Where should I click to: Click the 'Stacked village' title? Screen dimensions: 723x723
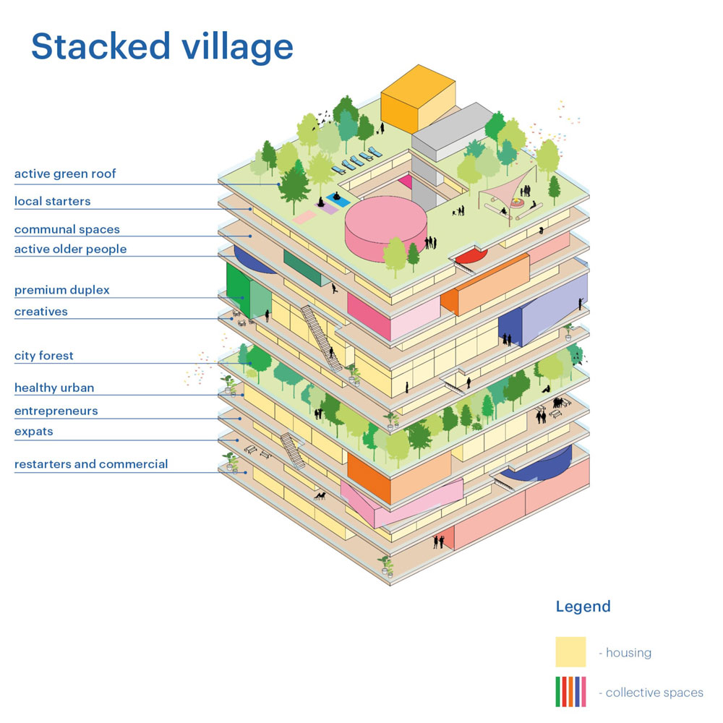pyautogui.click(x=162, y=47)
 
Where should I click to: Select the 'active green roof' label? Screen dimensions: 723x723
pyautogui.click(x=65, y=174)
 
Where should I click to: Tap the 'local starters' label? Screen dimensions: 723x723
pyautogui.click(x=52, y=202)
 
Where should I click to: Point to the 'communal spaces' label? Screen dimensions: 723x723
pyautogui.click(x=67, y=230)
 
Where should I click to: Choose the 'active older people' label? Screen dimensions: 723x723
pyautogui.click(x=70, y=249)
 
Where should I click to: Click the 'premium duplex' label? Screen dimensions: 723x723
pyautogui.click(x=62, y=291)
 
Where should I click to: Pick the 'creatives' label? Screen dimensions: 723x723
pyautogui.click(x=40, y=312)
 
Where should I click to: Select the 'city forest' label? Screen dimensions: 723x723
pyautogui.click(x=43, y=356)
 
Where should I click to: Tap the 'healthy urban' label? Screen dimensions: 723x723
pyautogui.click(x=54, y=388)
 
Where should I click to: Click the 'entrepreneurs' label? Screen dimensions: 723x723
pyautogui.click(x=56, y=411)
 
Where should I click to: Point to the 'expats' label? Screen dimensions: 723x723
pyautogui.click(x=33, y=432)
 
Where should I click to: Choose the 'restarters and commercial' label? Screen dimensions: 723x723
pyautogui.click(x=91, y=464)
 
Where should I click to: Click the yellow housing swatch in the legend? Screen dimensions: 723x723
pyautogui.click(x=570, y=652)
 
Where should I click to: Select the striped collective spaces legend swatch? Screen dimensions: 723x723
pyautogui.click(x=570, y=692)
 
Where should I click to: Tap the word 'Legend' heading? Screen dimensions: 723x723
pyautogui.click(x=583, y=607)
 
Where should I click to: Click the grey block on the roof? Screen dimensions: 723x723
pyautogui.click(x=452, y=130)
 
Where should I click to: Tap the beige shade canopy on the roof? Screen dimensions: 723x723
pyautogui.click(x=506, y=189)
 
